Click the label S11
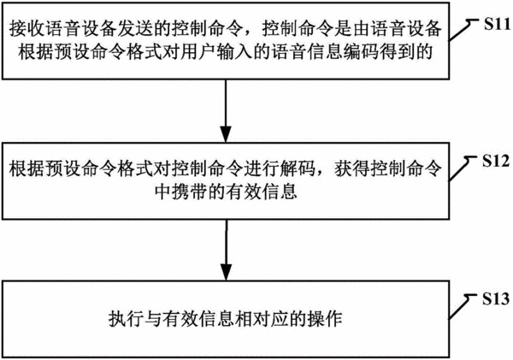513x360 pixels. (x=497, y=24)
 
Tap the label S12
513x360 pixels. (x=496, y=161)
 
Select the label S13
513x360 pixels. (x=496, y=298)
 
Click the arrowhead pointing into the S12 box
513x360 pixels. (x=226, y=134)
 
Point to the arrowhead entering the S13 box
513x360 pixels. (x=226, y=272)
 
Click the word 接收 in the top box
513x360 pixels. (x=27, y=29)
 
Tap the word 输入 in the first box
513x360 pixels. (x=233, y=51)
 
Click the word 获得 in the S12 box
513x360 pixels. (x=351, y=168)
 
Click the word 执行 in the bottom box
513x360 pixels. (x=126, y=319)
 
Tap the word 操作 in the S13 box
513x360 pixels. (x=325, y=319)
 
